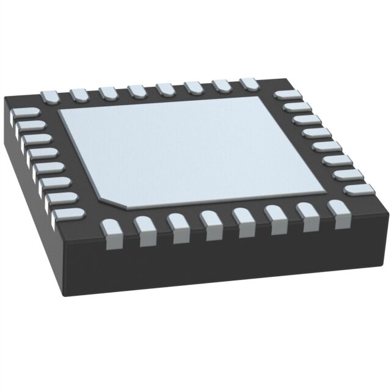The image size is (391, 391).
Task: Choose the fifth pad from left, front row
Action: (x=243, y=222)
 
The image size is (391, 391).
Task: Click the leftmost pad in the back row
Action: (x=49, y=95)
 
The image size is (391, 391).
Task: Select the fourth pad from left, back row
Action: (x=136, y=90)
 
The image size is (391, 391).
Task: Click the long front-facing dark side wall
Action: (x=232, y=269)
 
